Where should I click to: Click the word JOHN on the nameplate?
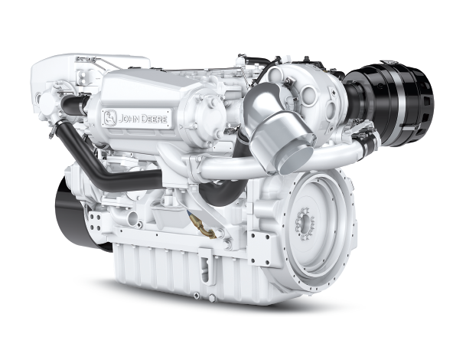pos(129,119)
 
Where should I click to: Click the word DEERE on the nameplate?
pos(154,119)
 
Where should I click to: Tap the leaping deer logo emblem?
pos(110,118)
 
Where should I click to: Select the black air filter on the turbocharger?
pos(392,105)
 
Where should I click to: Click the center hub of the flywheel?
pos(305,224)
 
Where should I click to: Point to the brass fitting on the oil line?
pos(202,227)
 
